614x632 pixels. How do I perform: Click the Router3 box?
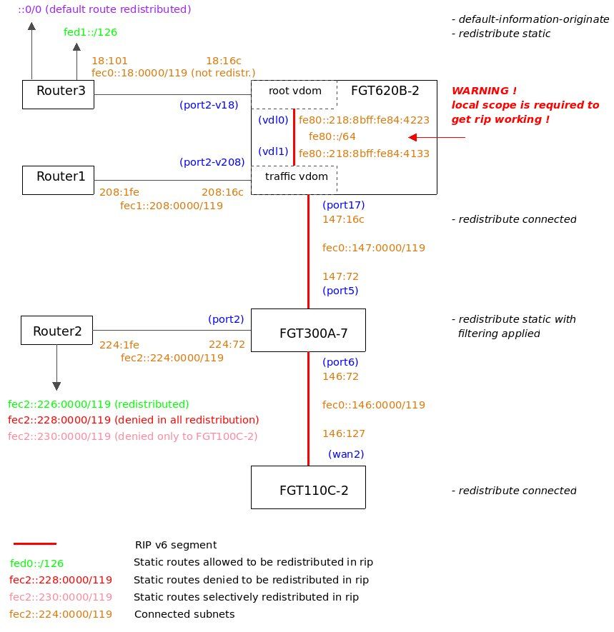coord(58,94)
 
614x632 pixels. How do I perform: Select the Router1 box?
coord(58,180)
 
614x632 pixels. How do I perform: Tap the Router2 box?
coord(58,331)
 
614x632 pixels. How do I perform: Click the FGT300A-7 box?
coord(308,331)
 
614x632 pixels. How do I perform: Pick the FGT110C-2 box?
coord(308,488)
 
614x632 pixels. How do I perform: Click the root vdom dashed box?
coord(294,91)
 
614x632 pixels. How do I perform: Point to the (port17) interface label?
coord(343,205)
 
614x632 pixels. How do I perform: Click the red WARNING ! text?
coord(484,91)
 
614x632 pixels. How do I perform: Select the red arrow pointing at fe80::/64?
coord(436,137)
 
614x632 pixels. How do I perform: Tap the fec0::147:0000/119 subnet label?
coord(373,248)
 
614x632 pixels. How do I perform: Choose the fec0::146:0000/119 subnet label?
coord(373,405)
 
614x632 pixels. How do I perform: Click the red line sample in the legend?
coord(34,544)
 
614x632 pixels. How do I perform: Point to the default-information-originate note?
coord(530,19)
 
